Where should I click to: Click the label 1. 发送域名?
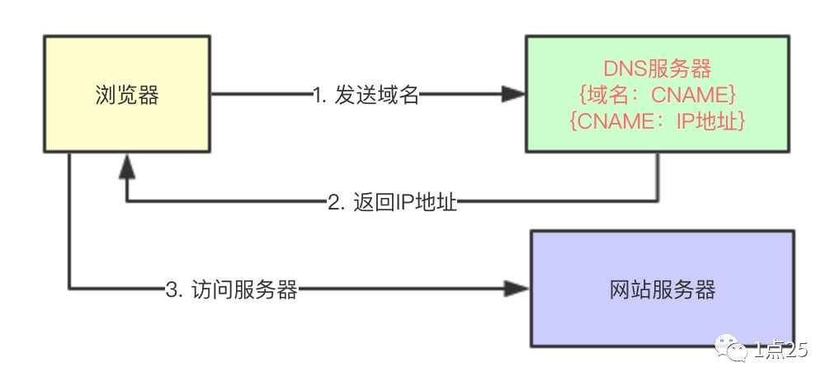pyautogui.click(x=366, y=96)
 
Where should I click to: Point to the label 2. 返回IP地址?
pyautogui.click(x=393, y=201)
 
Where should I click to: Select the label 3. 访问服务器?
pyautogui.click(x=231, y=289)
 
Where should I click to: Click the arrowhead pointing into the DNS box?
pyautogui.click(x=513, y=96)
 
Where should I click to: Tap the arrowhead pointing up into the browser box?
pyautogui.click(x=125, y=167)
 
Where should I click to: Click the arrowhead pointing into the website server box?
pyautogui.click(x=517, y=289)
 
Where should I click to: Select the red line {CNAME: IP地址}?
pyautogui.click(x=658, y=121)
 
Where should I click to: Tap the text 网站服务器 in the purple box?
pyautogui.click(x=662, y=289)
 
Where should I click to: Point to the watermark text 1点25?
pyautogui.click(x=780, y=352)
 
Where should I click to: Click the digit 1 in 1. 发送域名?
pyautogui.click(x=318, y=96)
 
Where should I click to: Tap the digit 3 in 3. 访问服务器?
pyautogui.click(x=171, y=289)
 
